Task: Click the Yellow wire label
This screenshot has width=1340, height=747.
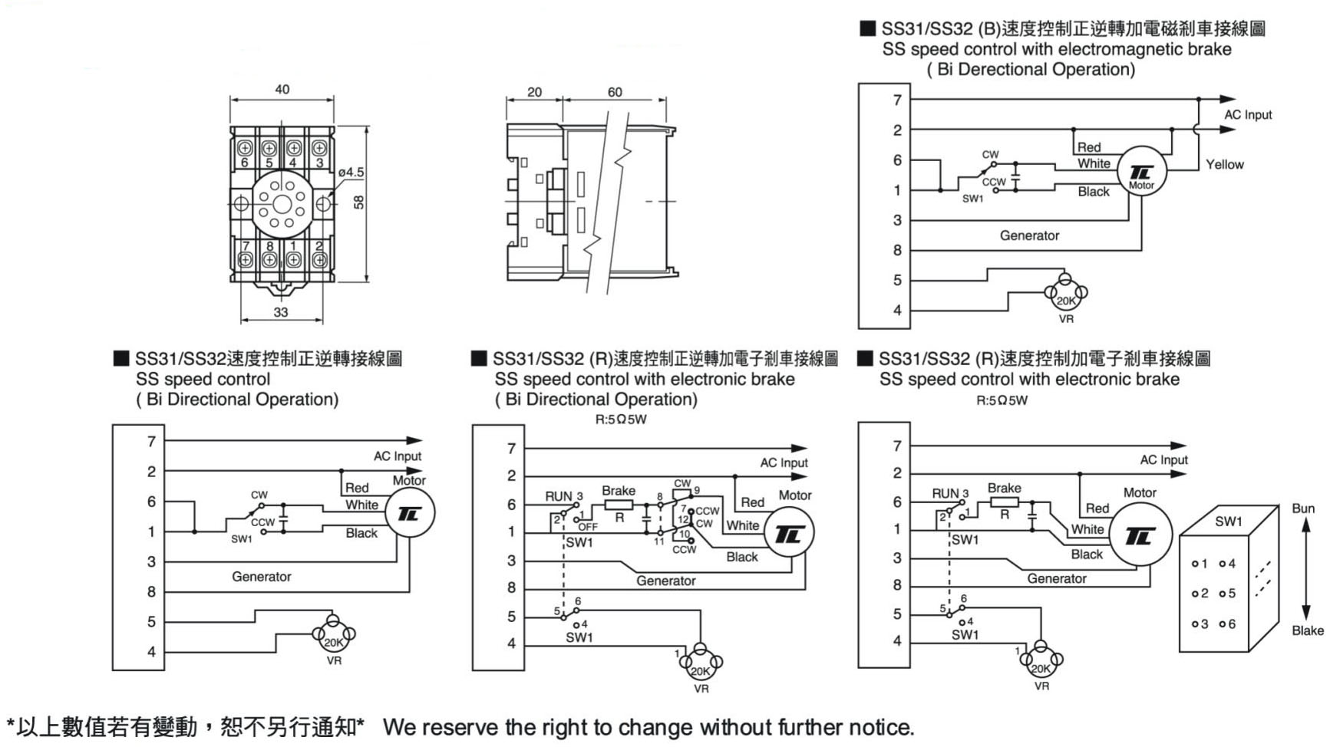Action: [x=1224, y=164]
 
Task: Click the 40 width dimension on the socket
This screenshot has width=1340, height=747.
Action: [x=282, y=90]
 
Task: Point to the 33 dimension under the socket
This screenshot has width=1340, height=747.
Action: [x=281, y=312]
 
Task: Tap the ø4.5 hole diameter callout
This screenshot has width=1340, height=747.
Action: [x=351, y=173]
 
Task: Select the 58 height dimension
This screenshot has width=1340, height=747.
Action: [x=359, y=202]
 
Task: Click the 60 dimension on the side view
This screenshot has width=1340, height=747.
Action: [x=615, y=92]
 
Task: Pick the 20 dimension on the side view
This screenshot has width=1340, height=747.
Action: [x=534, y=92]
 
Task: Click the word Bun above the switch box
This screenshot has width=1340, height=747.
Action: [x=1303, y=508]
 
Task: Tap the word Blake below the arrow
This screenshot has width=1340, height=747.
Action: [x=1307, y=630]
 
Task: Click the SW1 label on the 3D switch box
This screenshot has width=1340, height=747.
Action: [x=1228, y=522]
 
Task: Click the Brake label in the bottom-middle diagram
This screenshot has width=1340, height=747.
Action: [x=619, y=491]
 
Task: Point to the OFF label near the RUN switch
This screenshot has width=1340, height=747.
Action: [x=588, y=527]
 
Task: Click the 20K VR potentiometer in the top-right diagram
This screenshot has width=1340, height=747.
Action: [x=1066, y=294]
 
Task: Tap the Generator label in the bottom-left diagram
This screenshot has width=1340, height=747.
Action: [x=262, y=577]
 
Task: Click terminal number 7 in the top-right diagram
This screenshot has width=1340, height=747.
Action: [x=897, y=100]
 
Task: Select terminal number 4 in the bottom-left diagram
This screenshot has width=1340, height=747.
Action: [x=151, y=652]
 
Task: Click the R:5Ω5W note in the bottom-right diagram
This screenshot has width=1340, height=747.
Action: [x=1002, y=400]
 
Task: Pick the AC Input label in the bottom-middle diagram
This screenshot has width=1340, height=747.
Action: [x=784, y=463]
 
